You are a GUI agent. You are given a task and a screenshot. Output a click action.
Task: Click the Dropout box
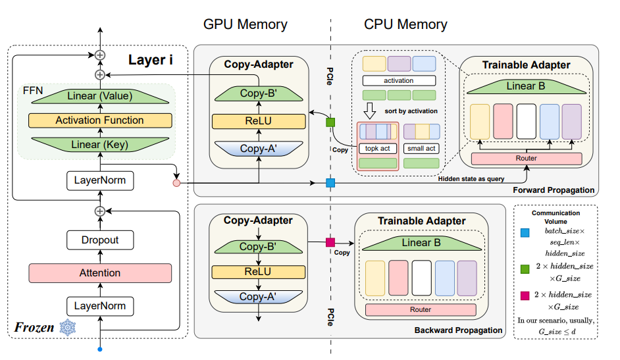pyautogui.click(x=100, y=240)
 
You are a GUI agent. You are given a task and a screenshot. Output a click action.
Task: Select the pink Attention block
pyautogui.click(x=100, y=272)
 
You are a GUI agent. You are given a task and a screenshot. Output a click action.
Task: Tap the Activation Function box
pyautogui.click(x=100, y=120)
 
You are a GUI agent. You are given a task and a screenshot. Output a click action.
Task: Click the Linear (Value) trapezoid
pyautogui.click(x=100, y=96)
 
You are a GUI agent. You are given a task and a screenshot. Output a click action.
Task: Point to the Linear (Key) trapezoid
pyautogui.click(x=100, y=145)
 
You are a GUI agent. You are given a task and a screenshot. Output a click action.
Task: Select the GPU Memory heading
pyautogui.click(x=245, y=25)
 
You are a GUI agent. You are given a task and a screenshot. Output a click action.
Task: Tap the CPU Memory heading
pyautogui.click(x=405, y=25)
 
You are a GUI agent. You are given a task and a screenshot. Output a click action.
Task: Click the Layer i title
pyautogui.click(x=151, y=60)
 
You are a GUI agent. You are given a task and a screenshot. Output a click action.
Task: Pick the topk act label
pyautogui.click(x=376, y=149)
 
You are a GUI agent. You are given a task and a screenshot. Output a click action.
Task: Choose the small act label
pyautogui.click(x=421, y=149)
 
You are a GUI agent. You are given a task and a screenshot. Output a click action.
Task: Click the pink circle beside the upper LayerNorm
pyautogui.click(x=176, y=182)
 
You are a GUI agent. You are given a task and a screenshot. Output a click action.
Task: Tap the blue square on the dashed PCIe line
pyautogui.click(x=330, y=182)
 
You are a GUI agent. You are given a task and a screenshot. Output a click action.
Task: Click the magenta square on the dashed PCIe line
pyautogui.click(x=330, y=243)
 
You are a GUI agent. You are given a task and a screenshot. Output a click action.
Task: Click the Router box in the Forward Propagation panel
pyautogui.click(x=527, y=159)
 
